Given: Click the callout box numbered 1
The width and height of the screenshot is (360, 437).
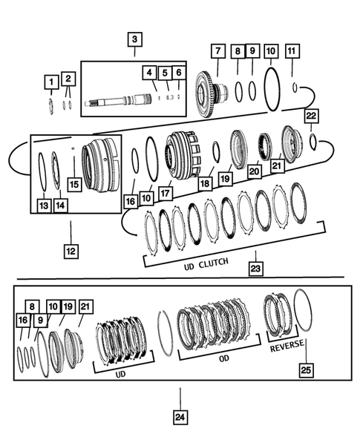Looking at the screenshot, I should pos(50,80).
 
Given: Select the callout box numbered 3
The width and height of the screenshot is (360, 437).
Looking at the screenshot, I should pos(134,40).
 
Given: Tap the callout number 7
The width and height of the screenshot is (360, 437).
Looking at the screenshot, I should pos(217,51).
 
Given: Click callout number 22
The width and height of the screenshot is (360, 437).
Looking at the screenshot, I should pos(312,116).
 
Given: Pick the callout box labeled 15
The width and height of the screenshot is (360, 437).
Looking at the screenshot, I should pos(72,183).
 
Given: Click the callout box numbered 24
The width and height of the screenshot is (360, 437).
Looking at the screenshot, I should pos(179,417).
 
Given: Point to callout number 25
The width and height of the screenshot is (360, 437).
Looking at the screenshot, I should pos(305,369).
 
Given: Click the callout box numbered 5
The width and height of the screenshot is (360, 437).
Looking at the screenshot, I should pos(165,73).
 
